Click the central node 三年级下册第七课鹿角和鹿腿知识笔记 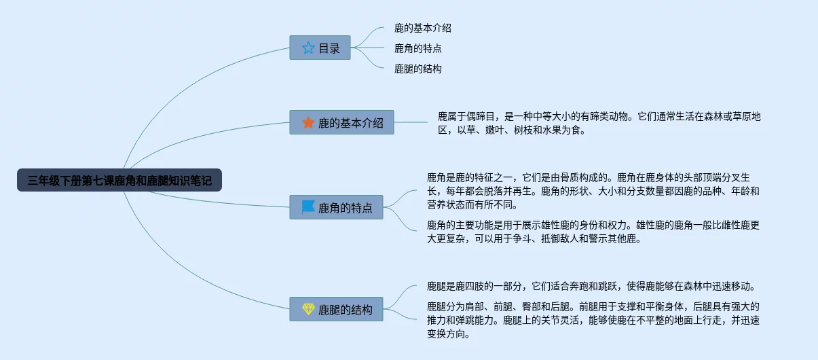119,180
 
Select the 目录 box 320,48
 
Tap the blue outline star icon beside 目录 308,48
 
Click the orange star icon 308,122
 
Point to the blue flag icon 308,207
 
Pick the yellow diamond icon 308,309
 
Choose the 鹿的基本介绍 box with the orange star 342,122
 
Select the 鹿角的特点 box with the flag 336,207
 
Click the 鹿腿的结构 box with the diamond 336,309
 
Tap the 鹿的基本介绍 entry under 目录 423,28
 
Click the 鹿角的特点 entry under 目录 418,48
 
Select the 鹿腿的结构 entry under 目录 418,69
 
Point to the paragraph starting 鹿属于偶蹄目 599,123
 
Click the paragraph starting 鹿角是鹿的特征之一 593,191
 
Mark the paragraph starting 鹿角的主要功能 593,232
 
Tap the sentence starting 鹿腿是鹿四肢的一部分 591,286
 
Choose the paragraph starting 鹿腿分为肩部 593,320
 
